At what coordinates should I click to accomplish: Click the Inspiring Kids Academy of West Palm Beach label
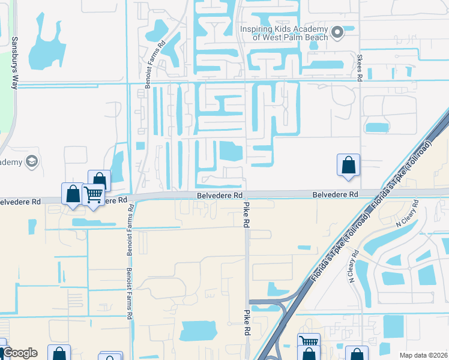[x=284, y=33]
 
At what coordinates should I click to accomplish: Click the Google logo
[x=19, y=353]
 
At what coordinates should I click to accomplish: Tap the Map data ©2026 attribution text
[x=423, y=355]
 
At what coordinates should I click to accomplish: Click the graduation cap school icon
[x=31, y=161]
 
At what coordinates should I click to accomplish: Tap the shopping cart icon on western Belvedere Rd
[x=93, y=195]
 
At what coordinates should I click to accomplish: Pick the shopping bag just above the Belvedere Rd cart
[x=100, y=181]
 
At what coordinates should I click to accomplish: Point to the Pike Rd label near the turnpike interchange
[x=246, y=323]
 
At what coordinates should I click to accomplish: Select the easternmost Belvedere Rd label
[x=335, y=194]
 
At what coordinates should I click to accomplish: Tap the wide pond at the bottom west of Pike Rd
[x=199, y=331]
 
